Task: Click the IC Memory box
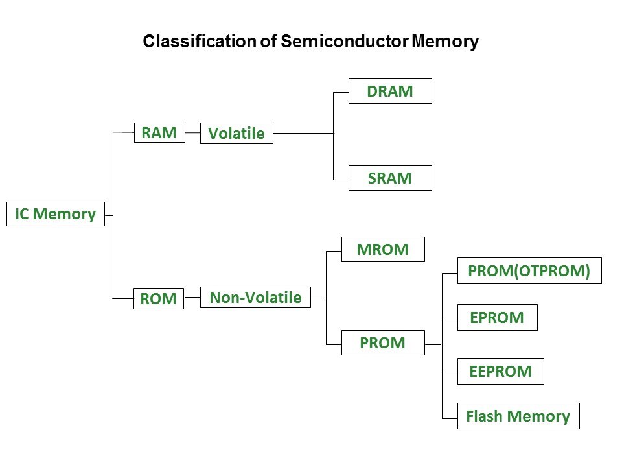pos(55,214)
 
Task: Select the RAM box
pos(159,133)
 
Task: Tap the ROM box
pos(159,298)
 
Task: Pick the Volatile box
pos(236,134)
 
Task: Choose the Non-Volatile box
pos(256,298)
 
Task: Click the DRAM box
pos(390,91)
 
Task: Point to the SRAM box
pos(390,178)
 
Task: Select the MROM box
pos(383,250)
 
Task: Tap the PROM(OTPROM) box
pos(529,271)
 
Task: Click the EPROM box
pos(497,318)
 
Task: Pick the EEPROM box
pos(500,371)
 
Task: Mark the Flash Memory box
pos(518,416)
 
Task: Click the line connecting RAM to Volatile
pos(192,133)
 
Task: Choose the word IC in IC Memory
pos(22,214)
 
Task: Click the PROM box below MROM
pos(383,343)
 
